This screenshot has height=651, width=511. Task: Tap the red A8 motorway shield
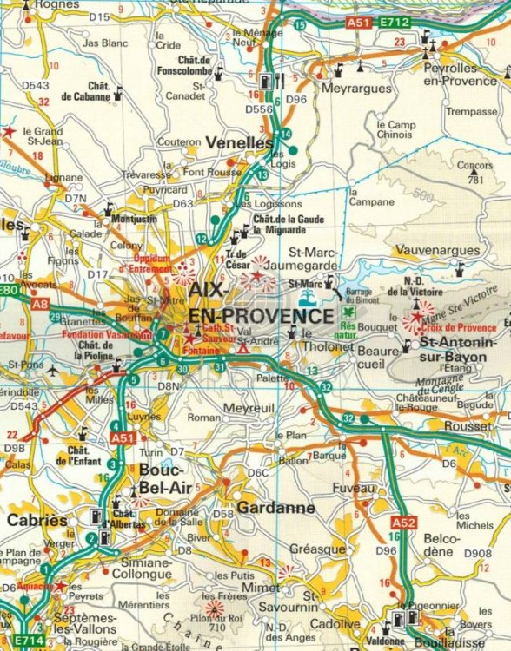tap(40, 305)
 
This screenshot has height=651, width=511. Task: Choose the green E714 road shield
tap(27, 641)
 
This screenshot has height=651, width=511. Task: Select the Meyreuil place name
tap(248, 407)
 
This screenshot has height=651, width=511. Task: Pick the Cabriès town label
tap(36, 520)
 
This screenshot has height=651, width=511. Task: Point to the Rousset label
tap(467, 426)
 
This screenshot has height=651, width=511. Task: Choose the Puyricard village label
tap(165, 189)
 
